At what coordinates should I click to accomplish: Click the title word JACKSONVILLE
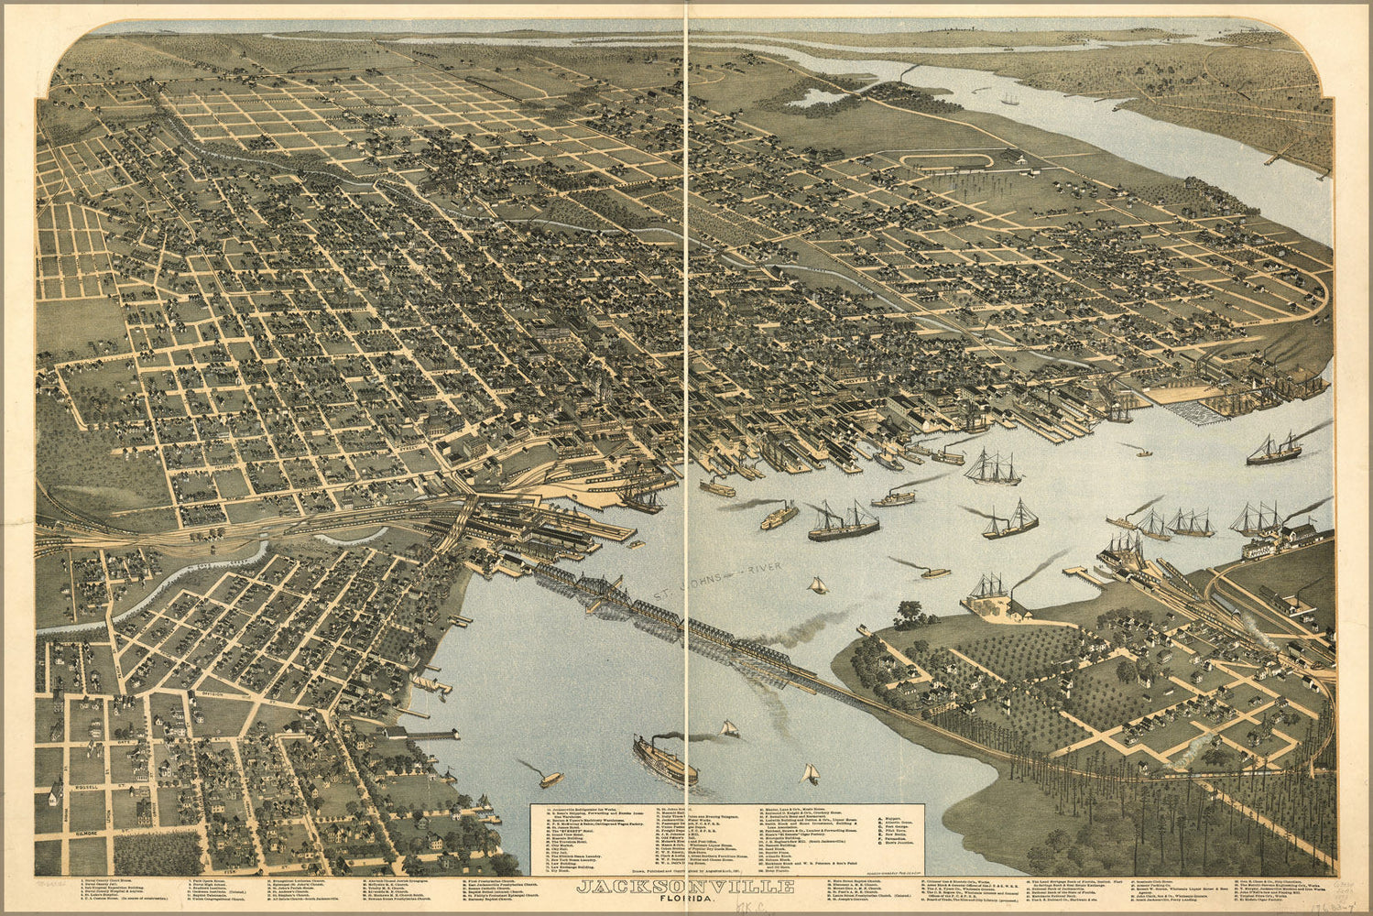pyautogui.click(x=686, y=886)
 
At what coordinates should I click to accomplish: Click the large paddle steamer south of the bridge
pyautogui.click(x=664, y=759)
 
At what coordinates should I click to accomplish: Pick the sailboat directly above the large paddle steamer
pyautogui.click(x=730, y=728)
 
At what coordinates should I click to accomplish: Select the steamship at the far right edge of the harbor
pyautogui.click(x=1273, y=449)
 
